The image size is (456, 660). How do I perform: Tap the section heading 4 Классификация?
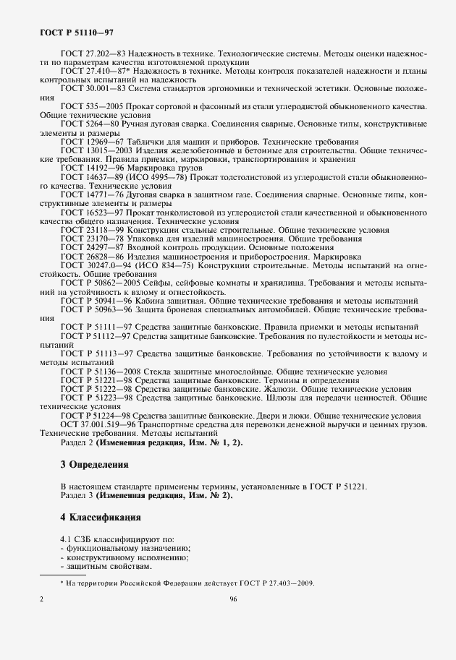pos(101,518)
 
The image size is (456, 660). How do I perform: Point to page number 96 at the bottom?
pos(233,599)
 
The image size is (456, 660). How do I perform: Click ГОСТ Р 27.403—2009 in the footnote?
pos(280,583)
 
